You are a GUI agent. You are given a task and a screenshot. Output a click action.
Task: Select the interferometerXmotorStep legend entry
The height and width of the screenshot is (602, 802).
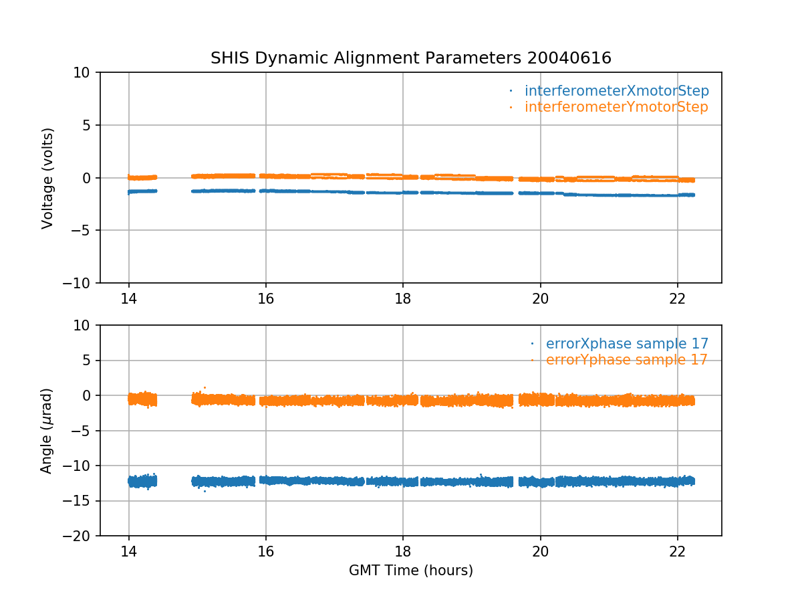click(x=616, y=91)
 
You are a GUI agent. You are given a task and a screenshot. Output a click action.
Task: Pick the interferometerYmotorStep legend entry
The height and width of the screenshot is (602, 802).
click(x=616, y=107)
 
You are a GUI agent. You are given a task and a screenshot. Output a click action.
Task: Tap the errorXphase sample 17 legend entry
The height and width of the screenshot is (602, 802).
click(x=627, y=344)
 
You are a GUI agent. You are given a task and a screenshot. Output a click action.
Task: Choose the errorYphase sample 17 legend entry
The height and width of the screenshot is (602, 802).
click(x=626, y=360)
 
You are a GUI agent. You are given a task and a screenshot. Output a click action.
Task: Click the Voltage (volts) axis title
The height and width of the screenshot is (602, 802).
click(x=47, y=178)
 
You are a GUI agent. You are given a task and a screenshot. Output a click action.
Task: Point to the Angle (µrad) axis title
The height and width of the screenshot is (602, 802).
click(x=47, y=431)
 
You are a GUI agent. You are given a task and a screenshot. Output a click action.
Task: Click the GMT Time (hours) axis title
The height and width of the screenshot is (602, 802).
click(x=410, y=571)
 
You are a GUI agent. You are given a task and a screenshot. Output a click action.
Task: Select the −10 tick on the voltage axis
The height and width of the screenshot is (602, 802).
click(x=82, y=283)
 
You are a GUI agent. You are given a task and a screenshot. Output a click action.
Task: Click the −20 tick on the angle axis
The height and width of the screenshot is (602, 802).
click(x=82, y=536)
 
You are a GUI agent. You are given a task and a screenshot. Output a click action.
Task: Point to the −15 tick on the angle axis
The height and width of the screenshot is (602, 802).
click(x=82, y=501)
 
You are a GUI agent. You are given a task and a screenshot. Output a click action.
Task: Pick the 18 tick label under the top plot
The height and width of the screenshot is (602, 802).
click(x=403, y=298)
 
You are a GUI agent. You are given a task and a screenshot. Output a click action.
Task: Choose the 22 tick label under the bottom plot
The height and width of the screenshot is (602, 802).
click(x=678, y=551)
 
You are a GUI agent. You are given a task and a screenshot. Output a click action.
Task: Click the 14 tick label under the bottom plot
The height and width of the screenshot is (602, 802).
click(x=129, y=551)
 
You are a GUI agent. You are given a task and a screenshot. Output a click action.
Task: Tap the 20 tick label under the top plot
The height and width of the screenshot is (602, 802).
click(x=540, y=298)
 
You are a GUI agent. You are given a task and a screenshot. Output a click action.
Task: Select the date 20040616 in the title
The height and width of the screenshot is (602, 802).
click(x=569, y=58)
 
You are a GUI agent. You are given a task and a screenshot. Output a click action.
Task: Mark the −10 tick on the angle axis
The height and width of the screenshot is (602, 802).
click(x=82, y=466)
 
